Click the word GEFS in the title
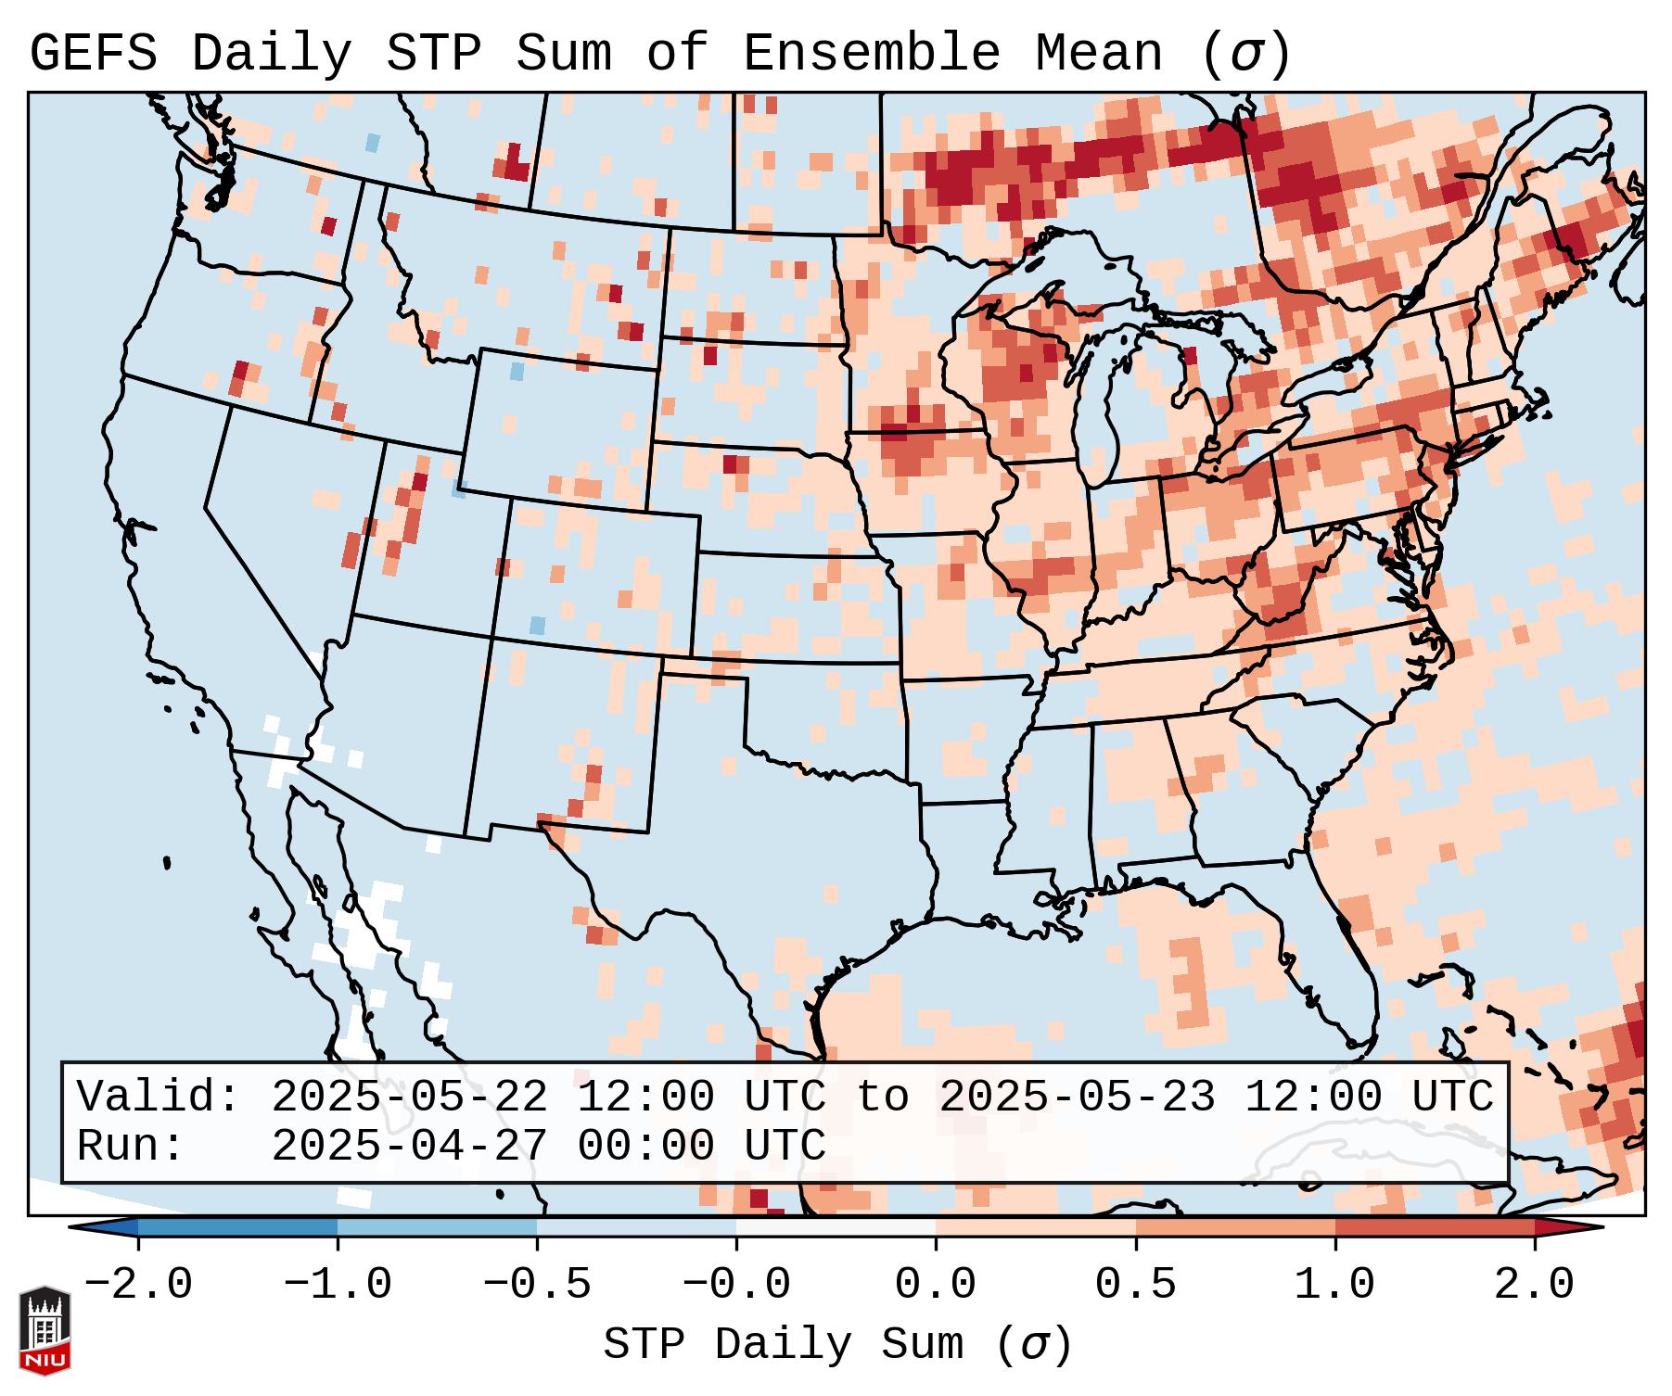[x=93, y=54]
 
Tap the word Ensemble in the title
[x=871, y=54]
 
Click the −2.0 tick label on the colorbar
[x=138, y=1285]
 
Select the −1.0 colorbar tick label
[x=338, y=1285]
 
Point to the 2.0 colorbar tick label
[x=1535, y=1285]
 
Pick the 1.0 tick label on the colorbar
[x=1335, y=1285]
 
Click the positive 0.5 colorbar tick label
[x=1136, y=1285]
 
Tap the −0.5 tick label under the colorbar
[x=537, y=1285]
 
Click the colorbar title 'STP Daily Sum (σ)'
[x=837, y=1345]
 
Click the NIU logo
[x=45, y=1330]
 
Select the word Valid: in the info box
[x=159, y=1098]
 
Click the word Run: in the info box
[x=131, y=1147]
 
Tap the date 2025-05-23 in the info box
[x=1078, y=1098]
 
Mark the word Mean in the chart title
[x=1098, y=54]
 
